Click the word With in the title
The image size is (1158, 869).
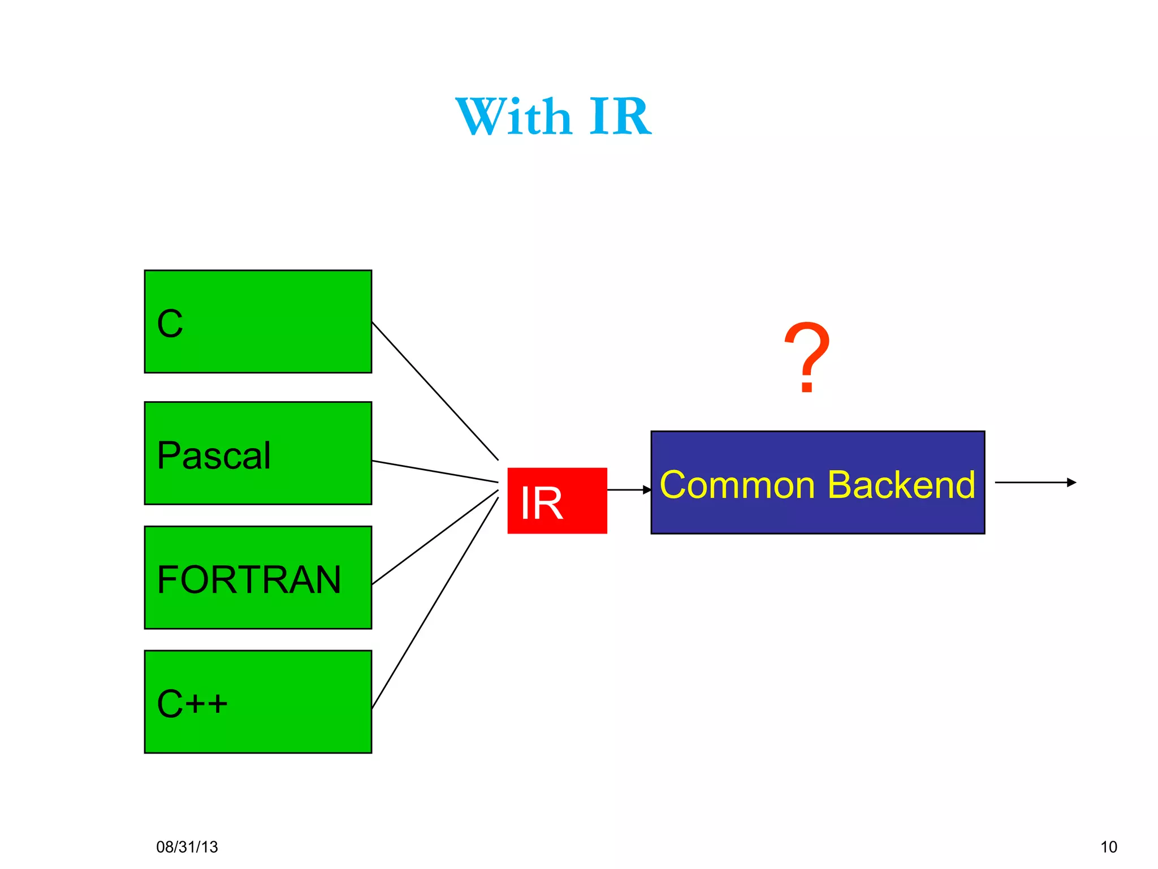pyautogui.click(x=513, y=117)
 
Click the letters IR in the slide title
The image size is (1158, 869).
pyautogui.click(x=620, y=117)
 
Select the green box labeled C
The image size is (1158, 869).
pyautogui.click(x=258, y=321)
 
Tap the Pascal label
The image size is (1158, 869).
pyautogui.click(x=214, y=455)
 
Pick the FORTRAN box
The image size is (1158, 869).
pyautogui.click(x=258, y=578)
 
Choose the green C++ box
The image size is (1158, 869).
pyautogui.click(x=258, y=702)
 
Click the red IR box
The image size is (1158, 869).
pyautogui.click(x=557, y=501)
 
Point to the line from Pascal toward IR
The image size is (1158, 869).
pyautogui.click(x=435, y=472)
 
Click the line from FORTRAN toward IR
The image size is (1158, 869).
pyautogui.click(x=435, y=537)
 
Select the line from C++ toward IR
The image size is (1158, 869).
pyautogui.click(x=435, y=603)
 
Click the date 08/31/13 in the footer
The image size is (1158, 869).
pyautogui.click(x=187, y=847)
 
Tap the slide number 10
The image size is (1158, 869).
pyautogui.click(x=1108, y=847)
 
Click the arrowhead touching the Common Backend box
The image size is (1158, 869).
pyautogui.click(x=647, y=489)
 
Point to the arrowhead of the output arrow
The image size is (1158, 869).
pyautogui.click(x=1071, y=483)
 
